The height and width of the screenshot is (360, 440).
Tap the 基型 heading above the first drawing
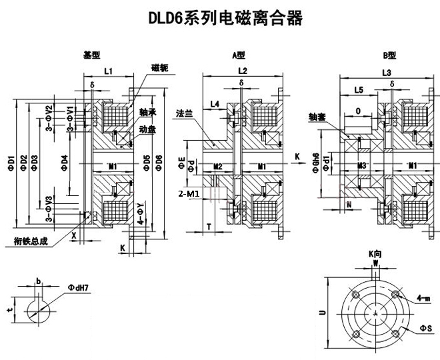(x=91, y=55)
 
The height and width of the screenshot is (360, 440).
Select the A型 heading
(x=238, y=55)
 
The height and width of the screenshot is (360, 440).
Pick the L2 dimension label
(x=243, y=71)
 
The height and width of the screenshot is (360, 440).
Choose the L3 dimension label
(x=386, y=71)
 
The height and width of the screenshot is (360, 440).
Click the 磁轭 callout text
(x=160, y=68)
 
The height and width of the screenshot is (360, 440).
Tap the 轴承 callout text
(x=148, y=113)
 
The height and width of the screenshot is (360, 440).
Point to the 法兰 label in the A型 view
(x=183, y=113)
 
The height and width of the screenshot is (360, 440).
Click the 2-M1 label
(x=189, y=193)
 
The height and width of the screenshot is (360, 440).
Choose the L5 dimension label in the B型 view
(x=359, y=89)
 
